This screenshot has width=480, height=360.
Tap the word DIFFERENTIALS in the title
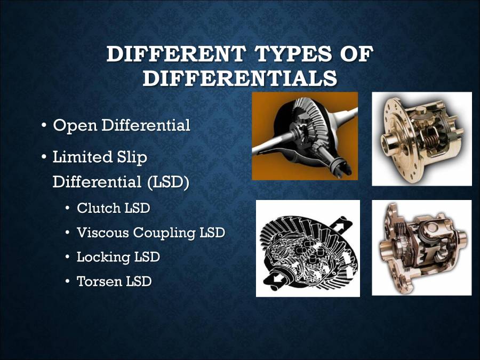pos(240,78)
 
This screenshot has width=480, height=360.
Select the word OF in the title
pos(353,55)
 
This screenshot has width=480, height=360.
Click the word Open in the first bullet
pos(75,126)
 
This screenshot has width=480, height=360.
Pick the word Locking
pos(101,257)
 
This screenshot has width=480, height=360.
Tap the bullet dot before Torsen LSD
pos(68,282)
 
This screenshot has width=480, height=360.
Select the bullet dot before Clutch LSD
pos(68,209)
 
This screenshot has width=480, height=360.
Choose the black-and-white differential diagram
pos(308,248)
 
